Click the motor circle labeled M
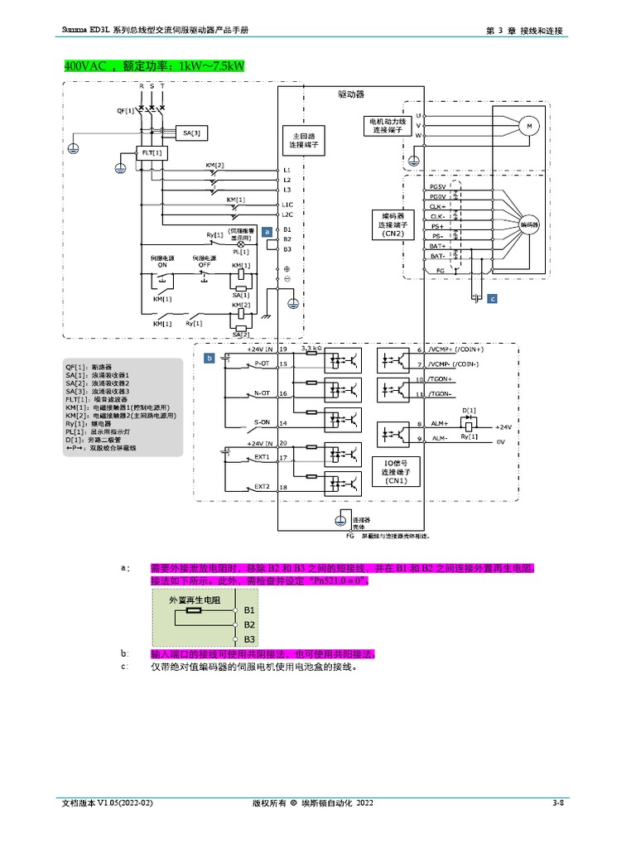tap(528, 125)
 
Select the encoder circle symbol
tap(528, 224)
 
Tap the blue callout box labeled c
tap(492, 298)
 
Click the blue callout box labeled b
tap(210, 358)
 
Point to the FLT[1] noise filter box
tap(152, 153)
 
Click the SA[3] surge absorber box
tap(191, 132)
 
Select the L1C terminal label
tap(287, 205)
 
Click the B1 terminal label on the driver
tap(287, 229)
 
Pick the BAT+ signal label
tap(437, 246)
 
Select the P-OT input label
tap(262, 364)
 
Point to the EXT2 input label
tap(262, 487)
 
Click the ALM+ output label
tap(440, 423)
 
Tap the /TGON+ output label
tap(441, 378)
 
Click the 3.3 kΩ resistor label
tap(311, 347)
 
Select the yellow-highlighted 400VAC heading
tap(153, 65)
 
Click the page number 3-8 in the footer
tap(558, 803)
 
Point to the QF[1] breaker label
tap(125, 109)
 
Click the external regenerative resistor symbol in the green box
tap(194, 610)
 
